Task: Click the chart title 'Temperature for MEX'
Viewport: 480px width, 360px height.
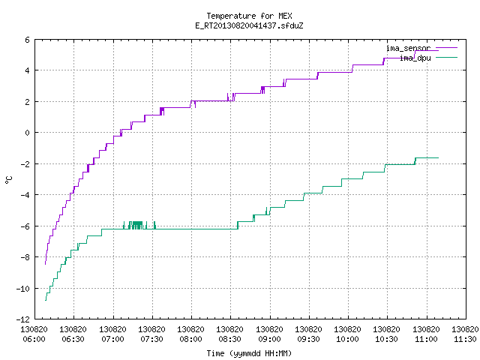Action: [x=249, y=16]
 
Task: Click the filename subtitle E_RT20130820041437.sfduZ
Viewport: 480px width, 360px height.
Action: [x=249, y=25]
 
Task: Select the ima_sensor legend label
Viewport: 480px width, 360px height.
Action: [x=408, y=48]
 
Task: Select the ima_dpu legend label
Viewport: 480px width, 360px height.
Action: [x=415, y=58]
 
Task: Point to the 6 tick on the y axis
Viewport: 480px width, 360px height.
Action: [x=28, y=40]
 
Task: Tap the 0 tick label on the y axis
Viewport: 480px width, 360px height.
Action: [x=28, y=133]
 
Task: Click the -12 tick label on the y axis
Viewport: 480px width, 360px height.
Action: [x=23, y=319]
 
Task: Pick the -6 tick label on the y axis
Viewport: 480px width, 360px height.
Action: [x=25, y=226]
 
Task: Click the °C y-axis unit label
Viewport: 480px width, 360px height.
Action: [x=9, y=180]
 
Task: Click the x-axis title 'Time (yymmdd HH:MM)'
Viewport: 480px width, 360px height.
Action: [x=249, y=353]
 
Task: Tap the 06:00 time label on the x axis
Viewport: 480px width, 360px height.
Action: [x=34, y=339]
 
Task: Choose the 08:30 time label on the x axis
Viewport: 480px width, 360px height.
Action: [x=230, y=339]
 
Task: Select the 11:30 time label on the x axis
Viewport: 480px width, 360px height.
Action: [x=465, y=339]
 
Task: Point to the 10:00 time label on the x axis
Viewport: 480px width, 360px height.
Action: [x=347, y=339]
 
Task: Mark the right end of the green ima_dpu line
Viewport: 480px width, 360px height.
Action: [x=438, y=157]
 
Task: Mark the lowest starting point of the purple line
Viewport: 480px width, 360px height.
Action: [x=45, y=264]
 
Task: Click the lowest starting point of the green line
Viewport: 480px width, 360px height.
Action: [x=46, y=300]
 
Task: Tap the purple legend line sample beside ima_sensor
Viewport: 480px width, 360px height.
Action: [x=446, y=48]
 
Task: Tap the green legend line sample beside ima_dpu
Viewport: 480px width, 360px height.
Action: [x=446, y=57]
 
